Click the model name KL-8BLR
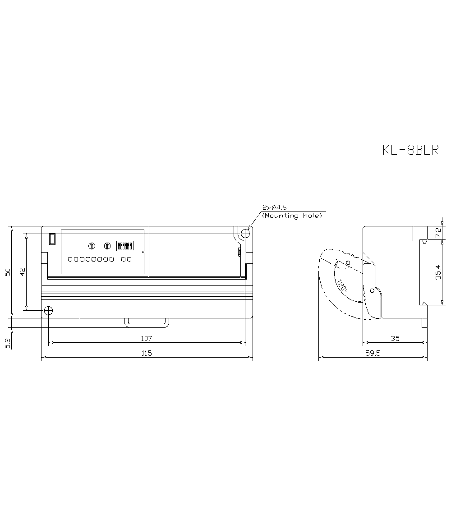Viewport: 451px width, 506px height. point(410,150)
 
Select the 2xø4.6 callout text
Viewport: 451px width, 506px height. point(275,207)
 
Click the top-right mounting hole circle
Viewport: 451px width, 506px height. point(245,234)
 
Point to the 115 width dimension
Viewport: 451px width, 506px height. point(147,354)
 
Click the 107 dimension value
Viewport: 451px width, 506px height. point(147,338)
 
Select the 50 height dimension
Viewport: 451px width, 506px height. point(8,272)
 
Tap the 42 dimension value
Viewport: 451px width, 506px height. point(23,272)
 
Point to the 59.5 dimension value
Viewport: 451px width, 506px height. point(373,354)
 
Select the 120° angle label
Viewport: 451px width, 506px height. point(341,286)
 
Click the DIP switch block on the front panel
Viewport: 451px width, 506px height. point(124,246)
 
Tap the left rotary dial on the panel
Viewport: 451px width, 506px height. point(92,246)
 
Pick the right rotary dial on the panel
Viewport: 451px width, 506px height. point(107,246)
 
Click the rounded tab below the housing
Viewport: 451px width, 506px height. point(147,322)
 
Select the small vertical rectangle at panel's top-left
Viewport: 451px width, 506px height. point(52,239)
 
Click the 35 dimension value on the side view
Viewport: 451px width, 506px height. point(395,338)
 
